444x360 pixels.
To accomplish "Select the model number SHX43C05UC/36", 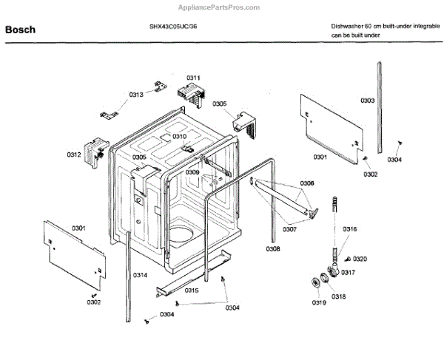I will (x=172, y=26).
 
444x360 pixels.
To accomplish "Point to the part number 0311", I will (x=193, y=78).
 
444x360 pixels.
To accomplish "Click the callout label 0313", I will (x=136, y=95).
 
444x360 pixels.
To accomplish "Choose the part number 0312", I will (x=74, y=154).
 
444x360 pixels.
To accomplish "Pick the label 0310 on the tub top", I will (x=179, y=137).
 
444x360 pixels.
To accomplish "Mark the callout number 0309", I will (x=192, y=172).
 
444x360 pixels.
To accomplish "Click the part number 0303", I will (x=368, y=101).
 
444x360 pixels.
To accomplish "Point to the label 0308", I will (x=272, y=249).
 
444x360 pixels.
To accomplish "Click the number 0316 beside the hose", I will (x=350, y=229).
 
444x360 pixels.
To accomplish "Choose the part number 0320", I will (x=360, y=259).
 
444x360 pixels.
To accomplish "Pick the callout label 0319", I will (x=318, y=302).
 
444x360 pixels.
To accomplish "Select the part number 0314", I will (x=140, y=275).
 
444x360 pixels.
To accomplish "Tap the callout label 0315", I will (x=192, y=291).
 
